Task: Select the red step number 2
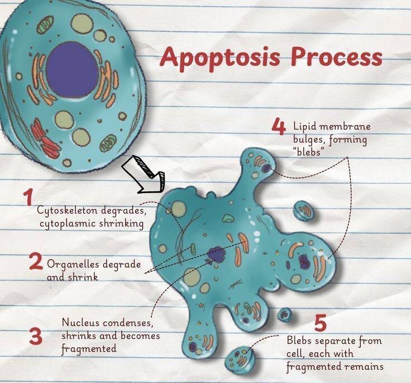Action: coord(35,261)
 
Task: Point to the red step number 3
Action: coord(35,337)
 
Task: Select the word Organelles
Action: coord(73,263)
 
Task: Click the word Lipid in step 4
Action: coord(305,127)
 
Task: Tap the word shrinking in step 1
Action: coord(121,224)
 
